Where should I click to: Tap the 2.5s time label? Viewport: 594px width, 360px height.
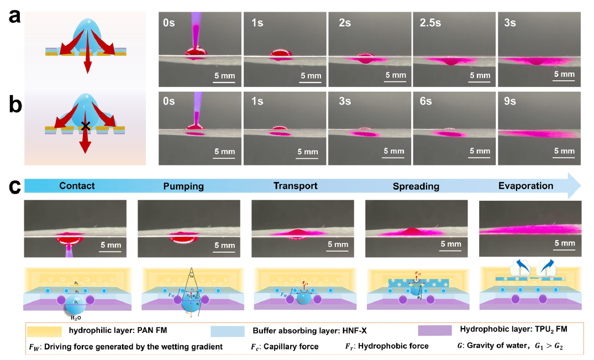pos(427,23)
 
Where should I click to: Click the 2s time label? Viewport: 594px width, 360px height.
pos(343,23)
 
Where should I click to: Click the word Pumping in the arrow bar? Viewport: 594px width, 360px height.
pos(183,186)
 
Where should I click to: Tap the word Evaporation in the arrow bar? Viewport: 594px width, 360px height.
pos(525,186)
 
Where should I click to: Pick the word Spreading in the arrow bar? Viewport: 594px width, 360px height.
pos(416,186)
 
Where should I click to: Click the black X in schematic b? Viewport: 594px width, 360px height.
pos(85,127)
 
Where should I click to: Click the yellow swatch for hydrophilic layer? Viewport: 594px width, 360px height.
pos(45,331)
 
